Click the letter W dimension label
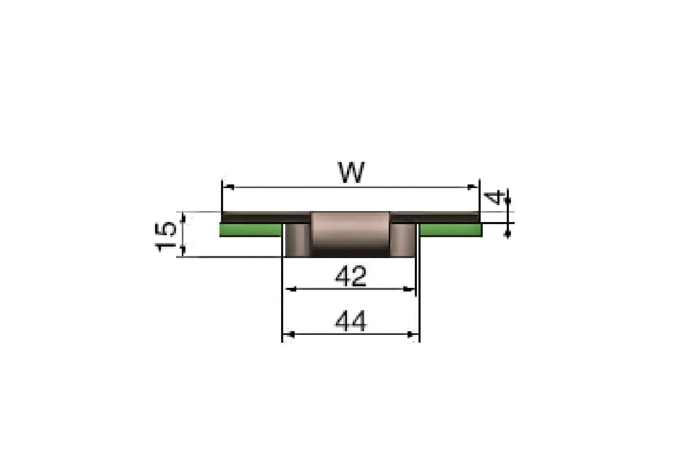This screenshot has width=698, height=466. pyautogui.click(x=351, y=173)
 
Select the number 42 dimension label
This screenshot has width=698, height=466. pyautogui.click(x=350, y=276)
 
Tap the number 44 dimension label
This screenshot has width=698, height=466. pyautogui.click(x=350, y=321)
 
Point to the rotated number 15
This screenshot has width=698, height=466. pyautogui.click(x=166, y=236)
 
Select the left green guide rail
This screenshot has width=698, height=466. pyautogui.click(x=250, y=230)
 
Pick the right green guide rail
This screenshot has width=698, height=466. pyautogui.click(x=450, y=230)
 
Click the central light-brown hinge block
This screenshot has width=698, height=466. pyautogui.click(x=350, y=234)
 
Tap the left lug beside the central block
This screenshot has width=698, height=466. pyautogui.click(x=297, y=239)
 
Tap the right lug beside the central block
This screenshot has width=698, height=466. pyautogui.click(x=403, y=239)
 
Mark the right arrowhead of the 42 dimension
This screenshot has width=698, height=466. pyautogui.click(x=411, y=289)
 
